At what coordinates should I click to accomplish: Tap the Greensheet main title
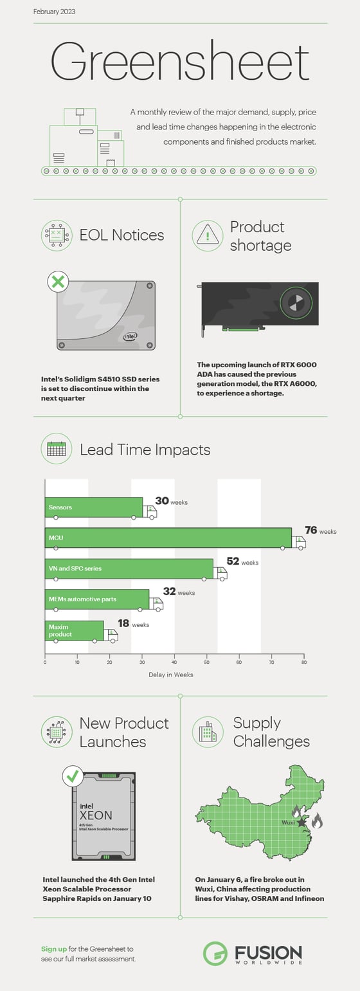click(x=179, y=62)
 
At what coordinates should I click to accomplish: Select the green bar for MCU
click(x=168, y=538)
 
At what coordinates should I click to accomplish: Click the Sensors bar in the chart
click(x=94, y=507)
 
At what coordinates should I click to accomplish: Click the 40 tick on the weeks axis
click(x=174, y=662)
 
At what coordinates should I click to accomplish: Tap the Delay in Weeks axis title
click(x=170, y=675)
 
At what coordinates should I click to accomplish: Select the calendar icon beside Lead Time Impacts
click(x=57, y=449)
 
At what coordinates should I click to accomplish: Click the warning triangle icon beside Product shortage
click(x=207, y=236)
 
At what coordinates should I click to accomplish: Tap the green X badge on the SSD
click(x=58, y=281)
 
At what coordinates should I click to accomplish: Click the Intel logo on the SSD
click(x=130, y=335)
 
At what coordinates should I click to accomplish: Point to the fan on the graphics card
click(x=296, y=302)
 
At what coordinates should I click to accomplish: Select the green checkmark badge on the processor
click(x=73, y=776)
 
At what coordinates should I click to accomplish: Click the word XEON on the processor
click(x=96, y=815)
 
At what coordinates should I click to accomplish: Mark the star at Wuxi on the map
click(x=301, y=822)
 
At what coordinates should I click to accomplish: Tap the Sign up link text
click(x=53, y=949)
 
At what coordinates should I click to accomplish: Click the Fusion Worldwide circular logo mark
click(x=215, y=953)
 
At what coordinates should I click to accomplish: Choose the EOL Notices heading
click(x=122, y=235)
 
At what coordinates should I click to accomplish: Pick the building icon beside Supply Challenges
click(x=207, y=732)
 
